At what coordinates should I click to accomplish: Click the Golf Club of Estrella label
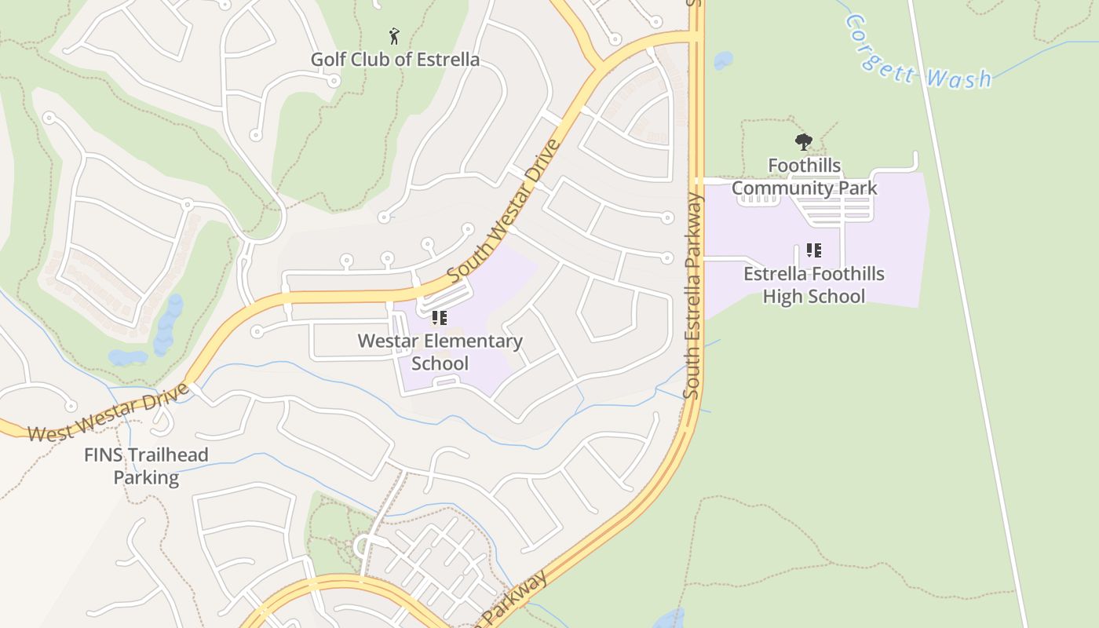[395, 60]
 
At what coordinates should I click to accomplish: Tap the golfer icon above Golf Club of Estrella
[394, 35]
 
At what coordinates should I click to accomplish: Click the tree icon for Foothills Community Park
[803, 142]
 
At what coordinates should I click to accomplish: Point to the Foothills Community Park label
[805, 177]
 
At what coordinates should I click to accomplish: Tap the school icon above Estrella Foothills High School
[813, 250]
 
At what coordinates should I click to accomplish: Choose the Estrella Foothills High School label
[814, 285]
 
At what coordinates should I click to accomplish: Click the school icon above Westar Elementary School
[439, 318]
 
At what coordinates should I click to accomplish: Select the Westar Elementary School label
[440, 352]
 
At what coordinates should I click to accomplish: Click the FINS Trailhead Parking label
[147, 466]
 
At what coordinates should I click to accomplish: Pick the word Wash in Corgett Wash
[958, 77]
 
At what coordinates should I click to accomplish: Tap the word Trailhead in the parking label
[166, 455]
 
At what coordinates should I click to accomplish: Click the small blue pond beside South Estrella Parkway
[723, 60]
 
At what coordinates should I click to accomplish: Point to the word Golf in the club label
[328, 60]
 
